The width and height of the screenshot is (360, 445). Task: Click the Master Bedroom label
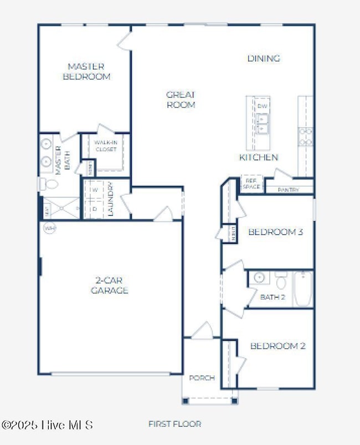(86, 71)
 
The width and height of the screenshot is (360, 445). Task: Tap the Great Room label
(181, 99)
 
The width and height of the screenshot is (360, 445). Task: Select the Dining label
(263, 58)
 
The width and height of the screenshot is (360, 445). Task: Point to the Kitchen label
(258, 157)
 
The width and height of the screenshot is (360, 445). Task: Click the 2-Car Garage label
(110, 285)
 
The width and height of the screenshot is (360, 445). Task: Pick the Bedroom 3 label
(275, 232)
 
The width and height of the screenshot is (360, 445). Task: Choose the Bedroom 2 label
(277, 346)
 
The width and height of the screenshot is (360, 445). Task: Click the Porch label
(201, 378)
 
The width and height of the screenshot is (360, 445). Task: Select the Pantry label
(289, 190)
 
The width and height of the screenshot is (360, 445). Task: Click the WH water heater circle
(50, 228)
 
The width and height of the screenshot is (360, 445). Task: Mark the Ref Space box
(251, 184)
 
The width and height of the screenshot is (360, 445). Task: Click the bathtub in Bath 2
(303, 288)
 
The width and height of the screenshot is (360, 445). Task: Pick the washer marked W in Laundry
(95, 190)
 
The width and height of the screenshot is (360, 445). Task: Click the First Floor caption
(174, 424)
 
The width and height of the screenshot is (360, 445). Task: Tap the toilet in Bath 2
(281, 282)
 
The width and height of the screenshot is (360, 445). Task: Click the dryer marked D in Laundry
(95, 209)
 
